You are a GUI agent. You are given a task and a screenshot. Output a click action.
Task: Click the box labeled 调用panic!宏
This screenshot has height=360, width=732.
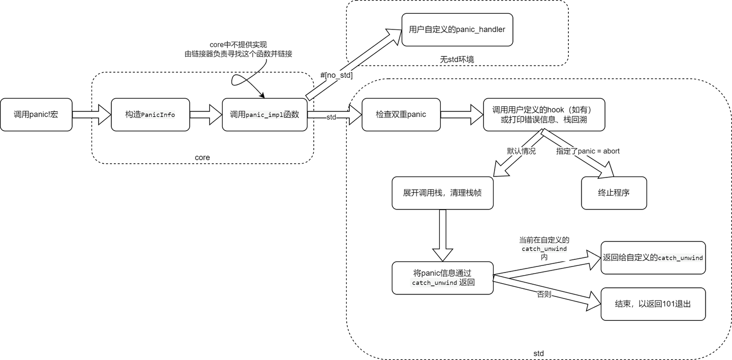(x=36, y=114)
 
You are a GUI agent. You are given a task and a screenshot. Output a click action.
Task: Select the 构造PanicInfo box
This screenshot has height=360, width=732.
(x=150, y=114)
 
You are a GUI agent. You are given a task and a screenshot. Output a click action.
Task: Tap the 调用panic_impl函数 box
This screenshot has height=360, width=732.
(x=264, y=114)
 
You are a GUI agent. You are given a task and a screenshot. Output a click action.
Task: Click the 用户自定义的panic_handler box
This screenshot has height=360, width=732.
(x=457, y=29)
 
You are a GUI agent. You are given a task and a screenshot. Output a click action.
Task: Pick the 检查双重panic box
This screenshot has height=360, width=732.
(x=401, y=114)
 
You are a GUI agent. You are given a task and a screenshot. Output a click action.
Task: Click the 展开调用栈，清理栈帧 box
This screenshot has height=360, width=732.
(x=442, y=193)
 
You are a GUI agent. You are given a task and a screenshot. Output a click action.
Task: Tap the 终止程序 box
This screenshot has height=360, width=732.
(x=614, y=193)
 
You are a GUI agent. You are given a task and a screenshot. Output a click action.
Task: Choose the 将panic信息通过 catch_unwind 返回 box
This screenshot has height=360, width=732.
(x=442, y=278)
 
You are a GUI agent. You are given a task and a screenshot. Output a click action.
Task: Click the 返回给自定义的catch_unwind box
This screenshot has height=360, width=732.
(x=653, y=258)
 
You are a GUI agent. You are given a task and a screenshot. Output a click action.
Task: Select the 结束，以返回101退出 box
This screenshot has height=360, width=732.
(x=653, y=304)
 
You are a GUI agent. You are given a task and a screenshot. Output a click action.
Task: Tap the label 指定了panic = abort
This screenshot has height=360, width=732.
(x=588, y=151)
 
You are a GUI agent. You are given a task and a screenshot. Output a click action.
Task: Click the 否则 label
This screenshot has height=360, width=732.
(x=544, y=294)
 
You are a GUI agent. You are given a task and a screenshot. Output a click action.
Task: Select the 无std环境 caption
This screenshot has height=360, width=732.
(x=457, y=59)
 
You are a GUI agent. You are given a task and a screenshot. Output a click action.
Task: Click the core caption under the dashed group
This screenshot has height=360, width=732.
(x=202, y=158)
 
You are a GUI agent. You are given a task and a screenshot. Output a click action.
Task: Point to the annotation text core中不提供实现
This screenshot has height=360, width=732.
(x=238, y=45)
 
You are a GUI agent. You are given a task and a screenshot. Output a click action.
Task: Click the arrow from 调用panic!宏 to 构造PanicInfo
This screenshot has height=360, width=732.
(x=91, y=114)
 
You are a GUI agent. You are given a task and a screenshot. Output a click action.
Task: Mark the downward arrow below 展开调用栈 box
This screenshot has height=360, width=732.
(x=442, y=235)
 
